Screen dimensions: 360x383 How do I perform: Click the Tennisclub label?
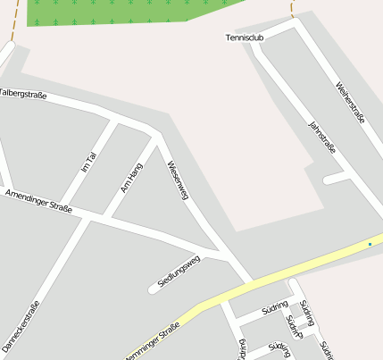coord(245,38)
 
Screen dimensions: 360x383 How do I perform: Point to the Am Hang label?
coord(131,178)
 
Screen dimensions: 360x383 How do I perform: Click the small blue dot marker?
coord(370,243)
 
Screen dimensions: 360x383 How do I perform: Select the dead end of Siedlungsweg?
coord(153,289)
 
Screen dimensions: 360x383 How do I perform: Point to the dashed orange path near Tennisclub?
coord(292,9)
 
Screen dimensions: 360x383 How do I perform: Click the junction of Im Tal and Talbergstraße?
coord(115,118)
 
